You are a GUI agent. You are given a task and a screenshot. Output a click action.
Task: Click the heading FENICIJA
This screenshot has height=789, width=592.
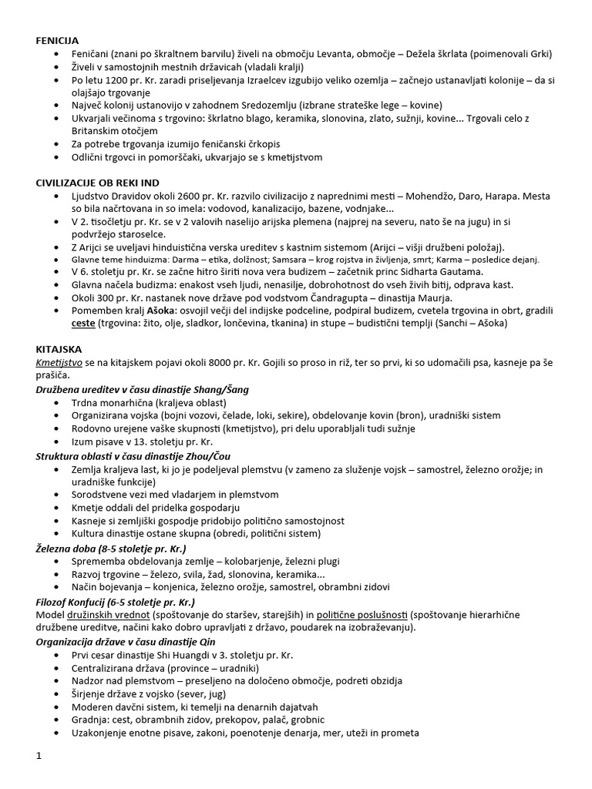tap(57, 39)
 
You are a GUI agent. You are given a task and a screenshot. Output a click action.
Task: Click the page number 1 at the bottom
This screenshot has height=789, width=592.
tap(39, 757)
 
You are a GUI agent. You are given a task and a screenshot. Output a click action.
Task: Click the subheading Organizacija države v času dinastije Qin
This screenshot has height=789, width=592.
tap(126, 641)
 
